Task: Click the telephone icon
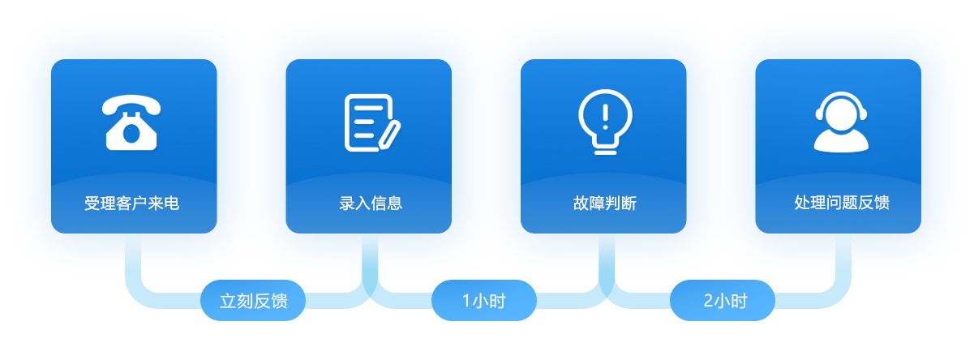(x=131, y=122)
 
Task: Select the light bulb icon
(x=605, y=122)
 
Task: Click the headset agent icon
(x=841, y=122)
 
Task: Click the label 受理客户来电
(x=131, y=203)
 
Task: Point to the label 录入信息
(x=371, y=203)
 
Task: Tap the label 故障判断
(x=605, y=203)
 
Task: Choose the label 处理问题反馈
(x=842, y=203)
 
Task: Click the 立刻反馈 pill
(x=253, y=301)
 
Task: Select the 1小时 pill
(x=484, y=301)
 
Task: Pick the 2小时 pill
(x=723, y=301)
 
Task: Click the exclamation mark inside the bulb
(x=605, y=117)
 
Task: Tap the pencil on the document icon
(x=389, y=135)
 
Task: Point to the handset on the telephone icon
(x=131, y=105)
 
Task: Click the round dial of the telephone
(x=131, y=134)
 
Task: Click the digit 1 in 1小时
(x=466, y=301)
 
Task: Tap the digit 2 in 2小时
(x=708, y=301)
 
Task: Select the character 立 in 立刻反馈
(x=228, y=301)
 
